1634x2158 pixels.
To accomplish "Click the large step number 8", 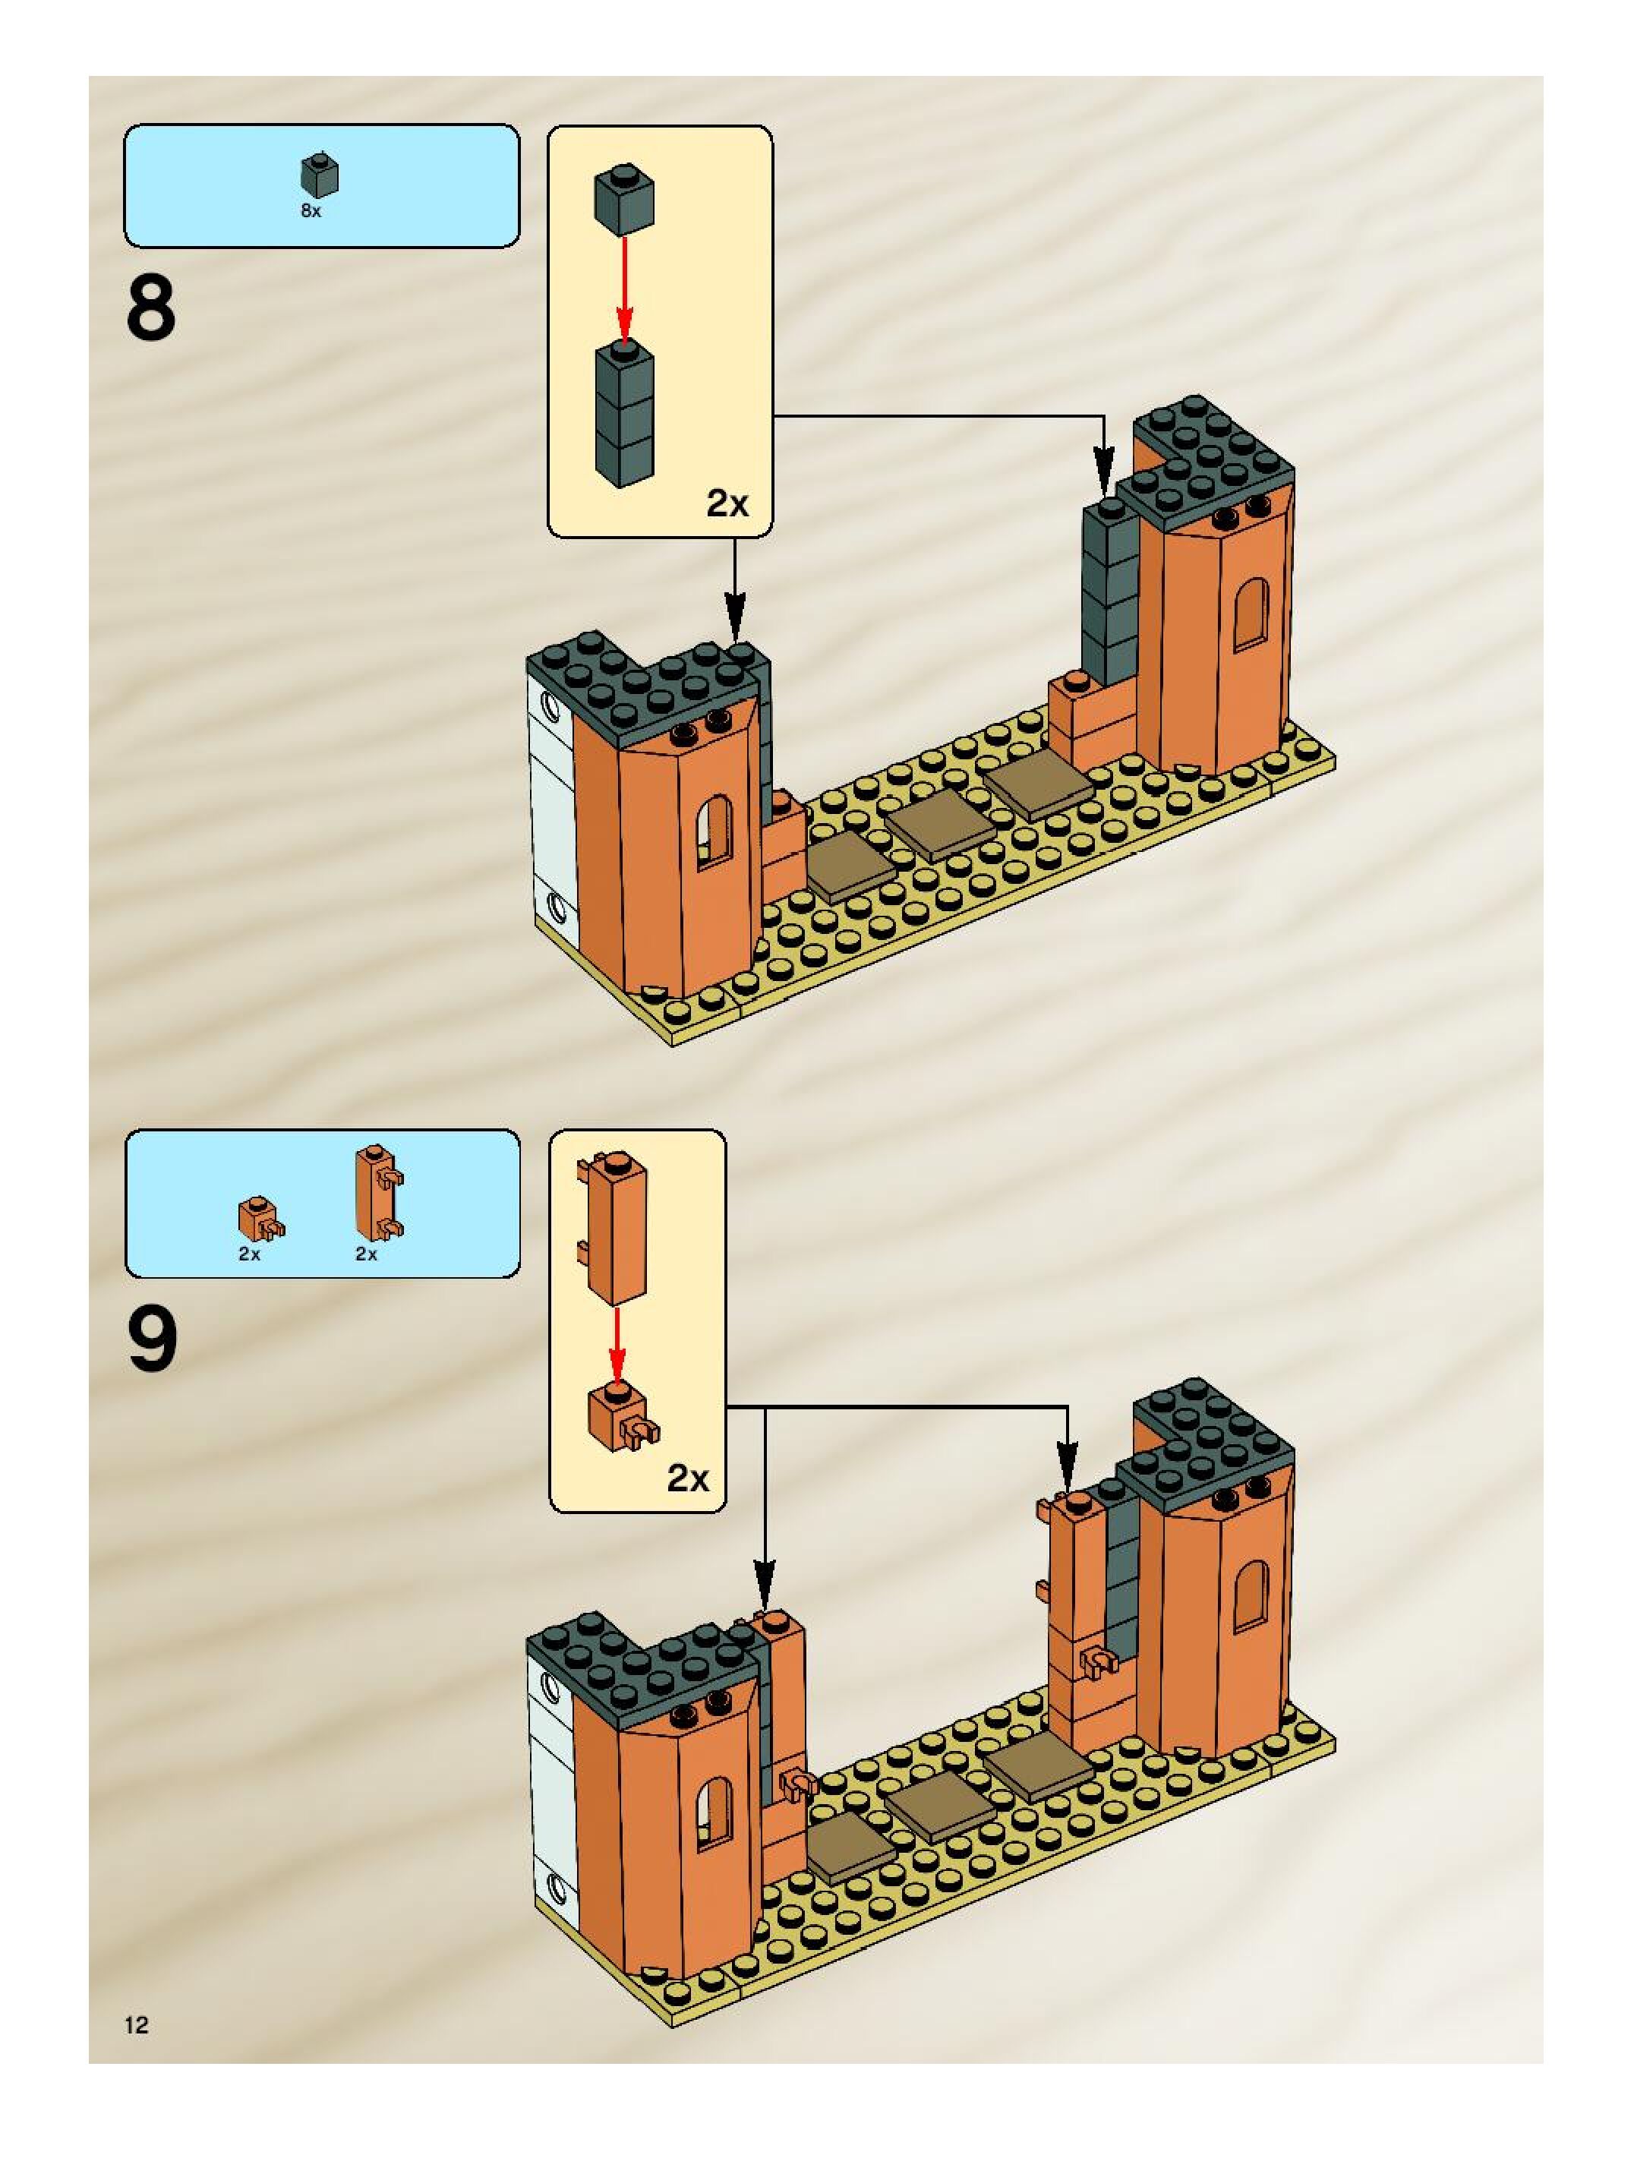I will coord(151,308).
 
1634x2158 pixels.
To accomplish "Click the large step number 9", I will coord(152,1339).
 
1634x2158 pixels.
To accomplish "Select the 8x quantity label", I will coord(311,211).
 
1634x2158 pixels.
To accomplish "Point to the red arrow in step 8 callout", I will coord(624,288).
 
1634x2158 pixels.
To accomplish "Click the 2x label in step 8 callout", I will coord(727,503).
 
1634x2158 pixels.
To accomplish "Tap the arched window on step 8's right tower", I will coord(1251,614).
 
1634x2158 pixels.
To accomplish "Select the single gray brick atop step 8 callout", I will coord(623,199).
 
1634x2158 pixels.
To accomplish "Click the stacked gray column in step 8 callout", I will coord(623,415).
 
